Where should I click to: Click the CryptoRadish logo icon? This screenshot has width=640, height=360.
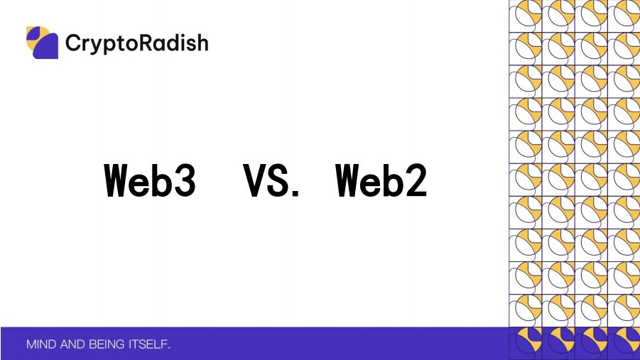(42, 43)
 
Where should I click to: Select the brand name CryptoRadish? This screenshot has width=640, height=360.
(136, 43)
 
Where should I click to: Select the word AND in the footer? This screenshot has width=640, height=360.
(74, 345)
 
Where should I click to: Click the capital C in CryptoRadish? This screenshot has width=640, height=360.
(72, 43)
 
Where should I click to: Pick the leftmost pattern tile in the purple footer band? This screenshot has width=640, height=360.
(526, 344)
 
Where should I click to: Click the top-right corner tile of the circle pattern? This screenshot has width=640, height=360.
(624, 14)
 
